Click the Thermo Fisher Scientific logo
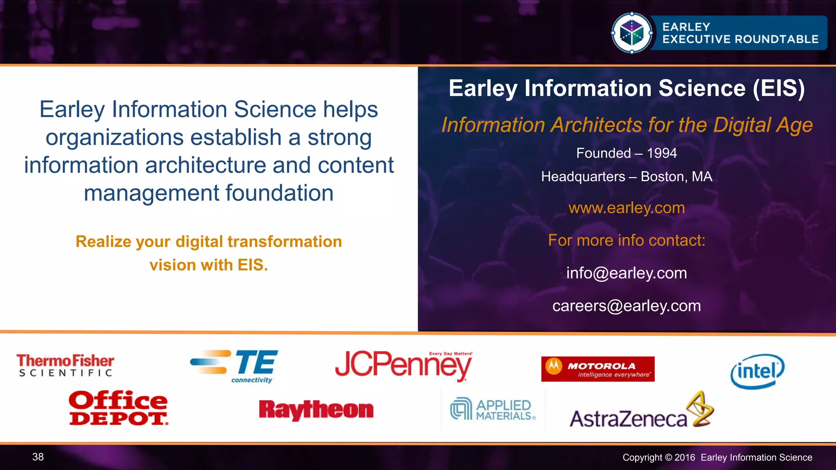65,366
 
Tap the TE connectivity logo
235,366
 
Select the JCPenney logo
403,365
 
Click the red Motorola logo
598,369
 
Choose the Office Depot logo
118,408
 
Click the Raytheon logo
316,410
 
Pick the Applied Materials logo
493,409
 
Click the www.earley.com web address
627,208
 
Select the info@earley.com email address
627,273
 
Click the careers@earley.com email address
627,306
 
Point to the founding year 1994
662,153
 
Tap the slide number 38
38,457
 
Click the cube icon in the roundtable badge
631,33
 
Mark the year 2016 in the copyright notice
685,457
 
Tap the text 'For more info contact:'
627,240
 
